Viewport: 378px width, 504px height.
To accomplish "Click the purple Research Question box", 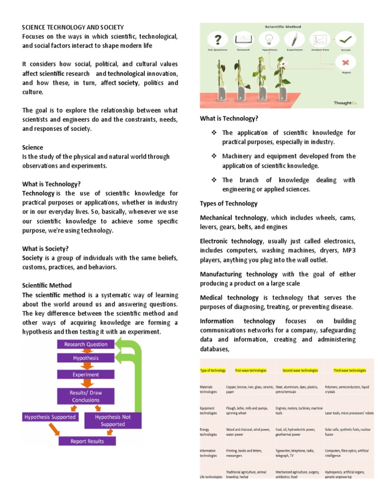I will click(86, 345).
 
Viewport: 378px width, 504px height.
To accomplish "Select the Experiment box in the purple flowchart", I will click(86, 375).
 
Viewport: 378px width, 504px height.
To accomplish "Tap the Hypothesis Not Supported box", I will click(113, 420).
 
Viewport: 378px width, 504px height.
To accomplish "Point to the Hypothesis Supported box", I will click(50, 417).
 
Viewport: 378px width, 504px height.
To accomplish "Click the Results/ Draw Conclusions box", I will click(86, 396).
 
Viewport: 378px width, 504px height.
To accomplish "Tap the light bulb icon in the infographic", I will click(269, 39).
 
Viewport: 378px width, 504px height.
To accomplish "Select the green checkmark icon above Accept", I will click(347, 39).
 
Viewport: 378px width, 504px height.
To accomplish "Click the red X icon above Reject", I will click(347, 63).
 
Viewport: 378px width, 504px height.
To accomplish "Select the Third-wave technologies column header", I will click(349, 370).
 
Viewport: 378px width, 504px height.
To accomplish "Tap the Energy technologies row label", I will click(208, 432).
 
